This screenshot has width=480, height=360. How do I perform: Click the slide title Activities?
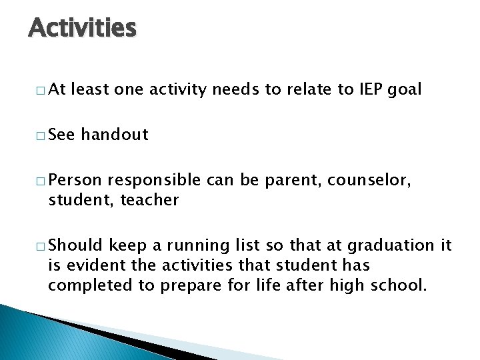[x=82, y=28]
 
